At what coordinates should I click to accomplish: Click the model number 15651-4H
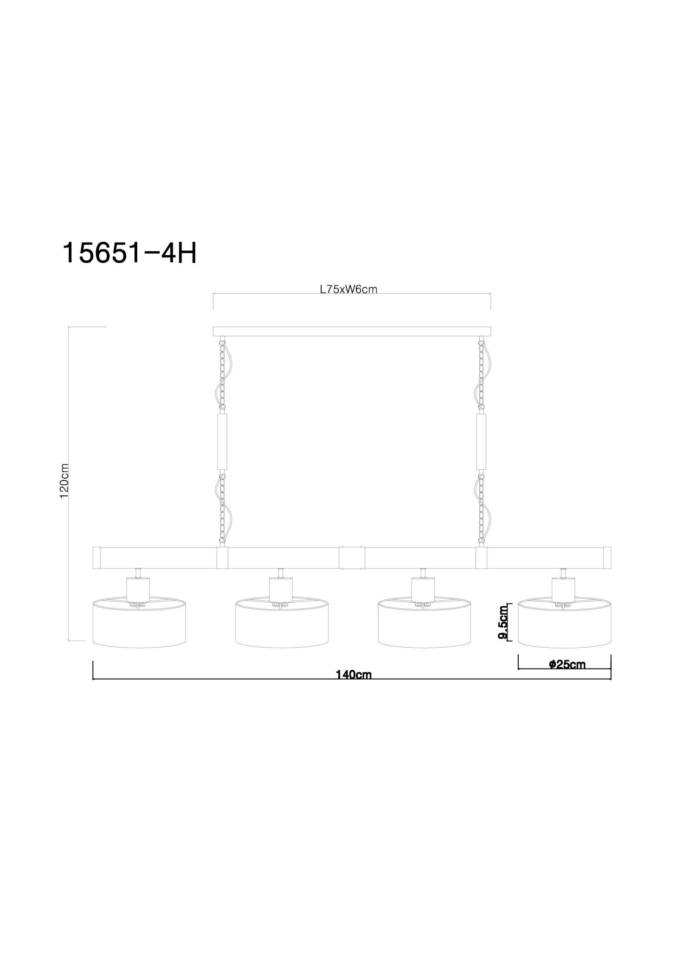(x=129, y=253)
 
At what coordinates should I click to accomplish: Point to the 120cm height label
(x=64, y=481)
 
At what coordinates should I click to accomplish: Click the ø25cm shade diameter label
(x=567, y=664)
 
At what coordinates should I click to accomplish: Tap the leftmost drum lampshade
(x=139, y=622)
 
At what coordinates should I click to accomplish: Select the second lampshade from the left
(x=282, y=622)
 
